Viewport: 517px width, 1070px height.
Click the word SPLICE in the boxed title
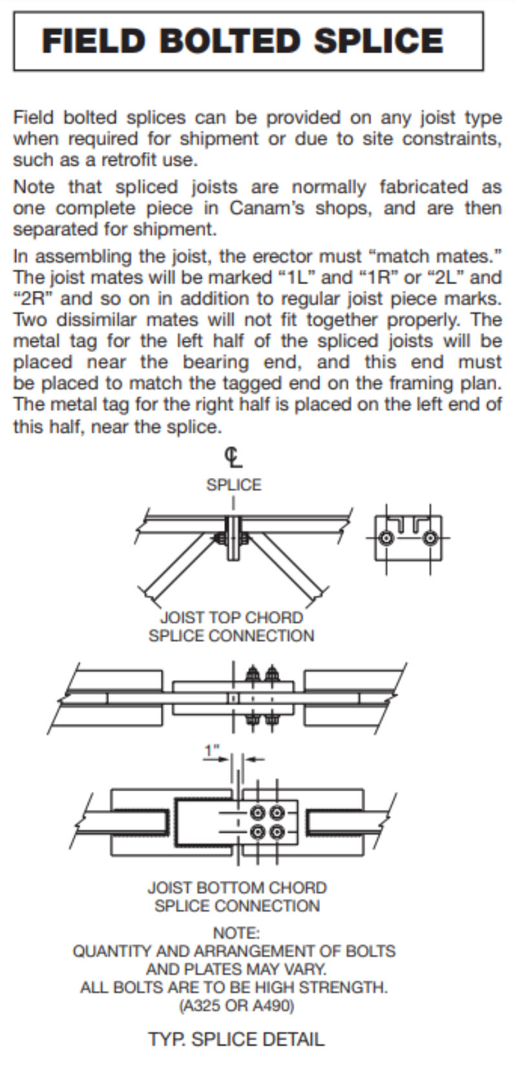click(379, 41)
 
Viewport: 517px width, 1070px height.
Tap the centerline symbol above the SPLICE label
click(233, 457)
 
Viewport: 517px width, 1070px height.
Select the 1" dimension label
click(212, 751)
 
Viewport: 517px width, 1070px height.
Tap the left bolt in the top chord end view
click(386, 538)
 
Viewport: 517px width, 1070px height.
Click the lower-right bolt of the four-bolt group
click(277, 832)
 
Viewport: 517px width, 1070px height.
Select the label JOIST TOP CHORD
click(231, 617)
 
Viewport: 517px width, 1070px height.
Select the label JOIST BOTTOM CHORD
click(237, 888)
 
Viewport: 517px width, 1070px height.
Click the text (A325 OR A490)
click(236, 1006)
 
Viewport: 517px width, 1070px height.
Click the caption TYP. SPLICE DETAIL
click(236, 1040)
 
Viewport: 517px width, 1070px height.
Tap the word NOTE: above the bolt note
click(236, 933)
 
